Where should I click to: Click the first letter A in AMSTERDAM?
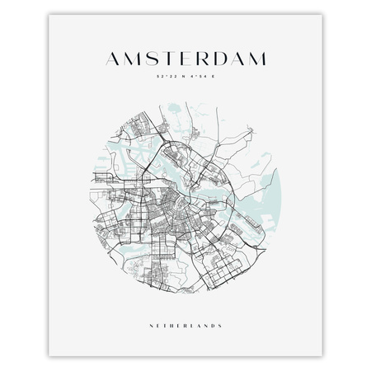pos(114,58)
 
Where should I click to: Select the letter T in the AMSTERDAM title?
pos(170,58)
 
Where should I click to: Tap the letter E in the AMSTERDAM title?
pos(186,58)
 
